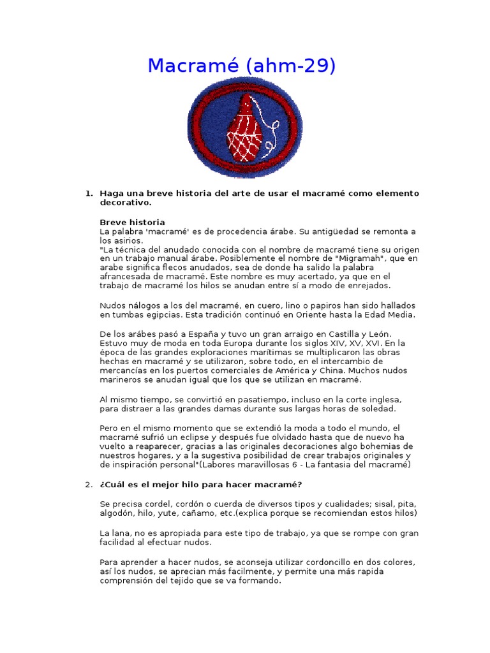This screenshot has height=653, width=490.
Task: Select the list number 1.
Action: [89, 193]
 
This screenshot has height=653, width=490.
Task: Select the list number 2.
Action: [89, 485]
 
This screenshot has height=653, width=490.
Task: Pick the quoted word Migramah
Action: [351, 258]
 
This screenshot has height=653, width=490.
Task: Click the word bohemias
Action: [373, 446]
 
